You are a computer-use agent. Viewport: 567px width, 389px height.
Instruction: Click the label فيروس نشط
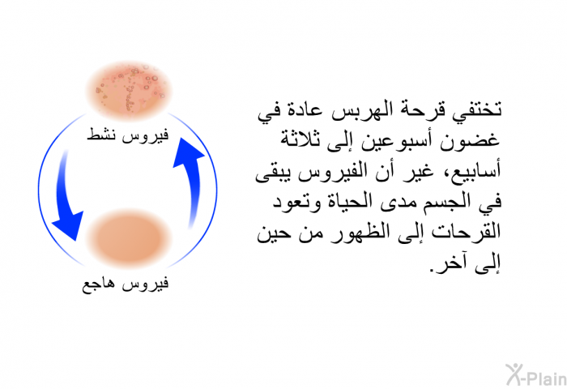pos(128,135)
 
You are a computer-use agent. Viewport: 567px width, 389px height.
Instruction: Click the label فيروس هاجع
pos(125,284)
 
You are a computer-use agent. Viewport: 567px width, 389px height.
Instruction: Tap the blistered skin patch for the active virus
pos(129,90)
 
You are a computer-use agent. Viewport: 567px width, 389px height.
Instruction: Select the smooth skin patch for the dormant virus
pos(128,238)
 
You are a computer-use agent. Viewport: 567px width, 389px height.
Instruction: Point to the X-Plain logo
pos(536,375)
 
